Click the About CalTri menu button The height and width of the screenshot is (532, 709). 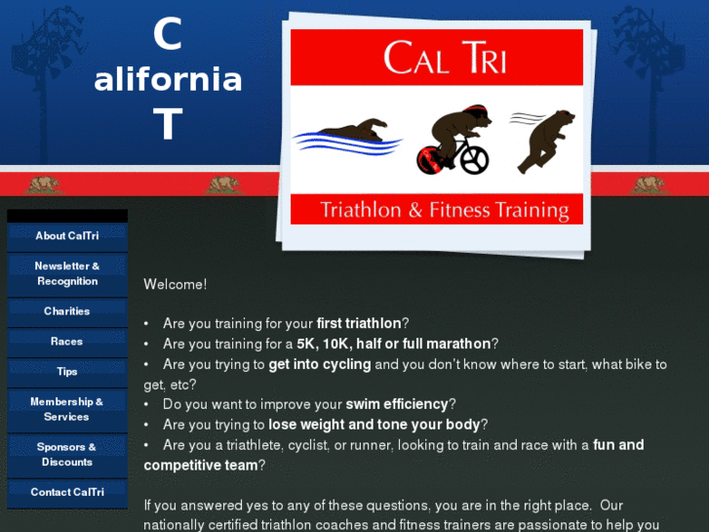click(x=66, y=236)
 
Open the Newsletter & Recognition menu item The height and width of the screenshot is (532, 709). click(x=66, y=274)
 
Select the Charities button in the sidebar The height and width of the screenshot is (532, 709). click(x=66, y=311)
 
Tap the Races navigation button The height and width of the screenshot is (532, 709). click(x=66, y=342)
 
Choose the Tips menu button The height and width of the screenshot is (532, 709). click(x=66, y=372)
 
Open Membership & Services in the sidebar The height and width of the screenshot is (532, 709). click(x=66, y=410)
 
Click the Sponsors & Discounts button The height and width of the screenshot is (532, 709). click(x=66, y=455)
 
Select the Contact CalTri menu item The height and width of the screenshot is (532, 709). click(x=66, y=492)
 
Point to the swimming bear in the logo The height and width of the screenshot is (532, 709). click(x=351, y=132)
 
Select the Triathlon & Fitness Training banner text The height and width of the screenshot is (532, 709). click(x=445, y=210)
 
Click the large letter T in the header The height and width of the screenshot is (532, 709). click(x=168, y=125)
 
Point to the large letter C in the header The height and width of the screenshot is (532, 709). click(x=168, y=36)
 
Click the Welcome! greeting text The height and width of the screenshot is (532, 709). click(x=175, y=285)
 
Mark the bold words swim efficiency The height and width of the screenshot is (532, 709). click(x=397, y=404)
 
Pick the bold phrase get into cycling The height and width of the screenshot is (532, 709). click(x=320, y=364)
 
